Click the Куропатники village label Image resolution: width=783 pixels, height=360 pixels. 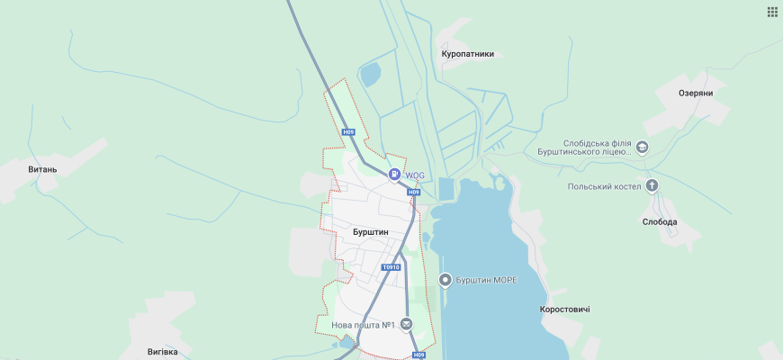coord(467,54)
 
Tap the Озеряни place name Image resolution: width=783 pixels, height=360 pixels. coord(696,93)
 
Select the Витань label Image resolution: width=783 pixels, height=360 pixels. coord(42,168)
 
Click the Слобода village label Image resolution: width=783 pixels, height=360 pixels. coord(660,221)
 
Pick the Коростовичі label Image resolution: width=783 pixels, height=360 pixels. coord(564,309)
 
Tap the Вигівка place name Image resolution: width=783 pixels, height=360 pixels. coord(163,351)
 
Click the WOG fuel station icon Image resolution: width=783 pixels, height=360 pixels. coord(394,175)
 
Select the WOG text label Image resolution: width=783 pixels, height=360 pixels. coord(414,175)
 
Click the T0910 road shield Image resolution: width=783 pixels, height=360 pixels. coord(391,267)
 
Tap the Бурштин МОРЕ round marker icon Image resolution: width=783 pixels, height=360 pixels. coord(445,281)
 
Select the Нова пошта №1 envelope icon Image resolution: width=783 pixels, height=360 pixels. coord(407,324)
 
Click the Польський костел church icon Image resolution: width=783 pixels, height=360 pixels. coord(652,186)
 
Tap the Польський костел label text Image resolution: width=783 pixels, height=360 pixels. coord(604,186)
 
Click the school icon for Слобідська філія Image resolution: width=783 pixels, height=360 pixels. coord(642,147)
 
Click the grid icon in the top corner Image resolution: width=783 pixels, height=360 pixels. coord(772,12)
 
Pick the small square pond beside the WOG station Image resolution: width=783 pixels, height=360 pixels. coord(445,189)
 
